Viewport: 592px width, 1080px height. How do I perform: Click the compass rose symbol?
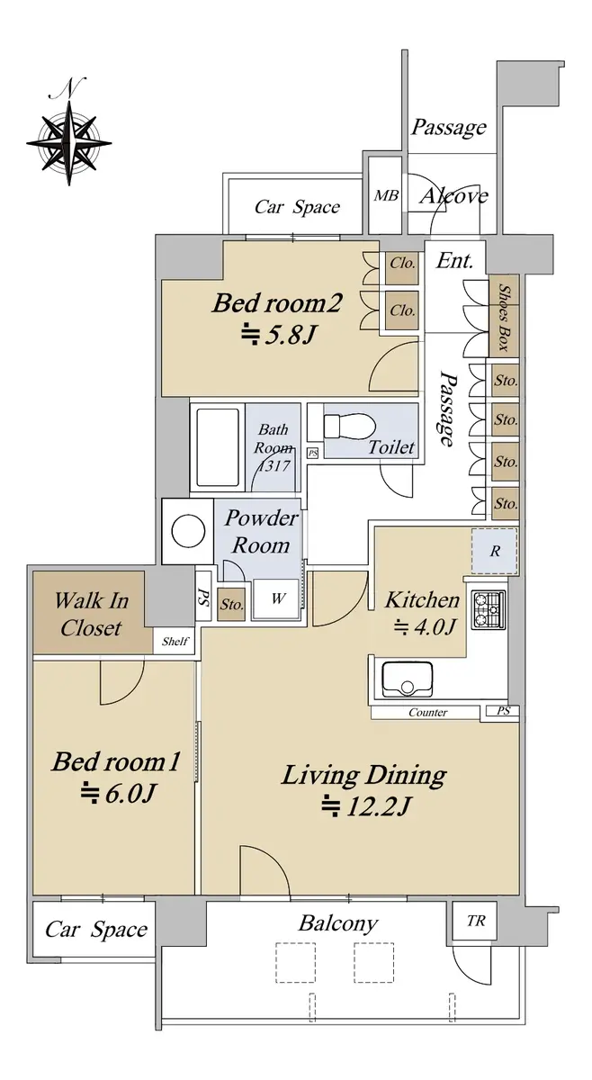(x=69, y=143)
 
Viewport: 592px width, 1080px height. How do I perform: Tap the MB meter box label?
(x=387, y=195)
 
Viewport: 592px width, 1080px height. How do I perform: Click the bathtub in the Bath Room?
(x=218, y=447)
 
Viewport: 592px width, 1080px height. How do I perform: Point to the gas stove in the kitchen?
(x=489, y=609)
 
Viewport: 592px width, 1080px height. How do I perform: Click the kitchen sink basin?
(x=408, y=679)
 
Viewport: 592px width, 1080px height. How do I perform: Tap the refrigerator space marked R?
(x=495, y=551)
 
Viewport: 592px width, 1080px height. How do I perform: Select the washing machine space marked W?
(x=277, y=598)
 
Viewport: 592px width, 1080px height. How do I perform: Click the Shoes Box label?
(x=504, y=317)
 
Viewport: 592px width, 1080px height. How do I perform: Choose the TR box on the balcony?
(x=476, y=921)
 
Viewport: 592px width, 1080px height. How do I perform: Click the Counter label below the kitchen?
(x=427, y=712)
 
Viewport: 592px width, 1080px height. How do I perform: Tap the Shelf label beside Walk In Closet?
(x=175, y=641)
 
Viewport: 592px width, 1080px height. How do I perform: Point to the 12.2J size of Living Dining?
(x=365, y=805)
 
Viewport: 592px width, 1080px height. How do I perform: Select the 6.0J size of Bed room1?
(x=117, y=793)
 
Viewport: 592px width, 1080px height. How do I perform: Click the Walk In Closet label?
(x=91, y=614)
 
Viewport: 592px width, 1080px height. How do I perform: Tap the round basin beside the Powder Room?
(x=189, y=531)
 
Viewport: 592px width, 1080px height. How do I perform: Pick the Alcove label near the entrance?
(x=453, y=196)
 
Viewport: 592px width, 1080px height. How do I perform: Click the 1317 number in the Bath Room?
(x=274, y=466)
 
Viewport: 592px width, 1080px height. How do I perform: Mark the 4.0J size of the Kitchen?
(x=426, y=627)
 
